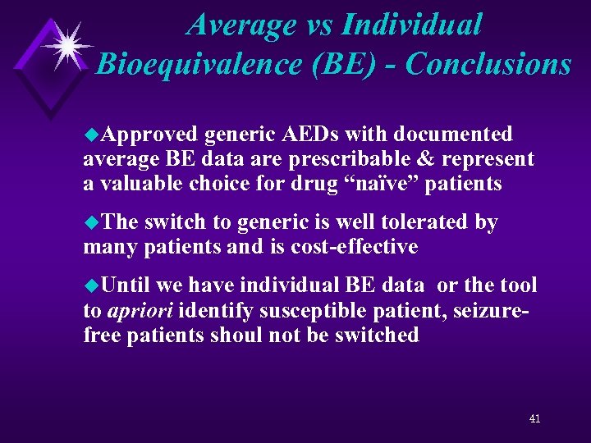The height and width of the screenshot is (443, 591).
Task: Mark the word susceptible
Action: coord(347,311)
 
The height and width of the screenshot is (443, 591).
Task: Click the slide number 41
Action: coord(534,418)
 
